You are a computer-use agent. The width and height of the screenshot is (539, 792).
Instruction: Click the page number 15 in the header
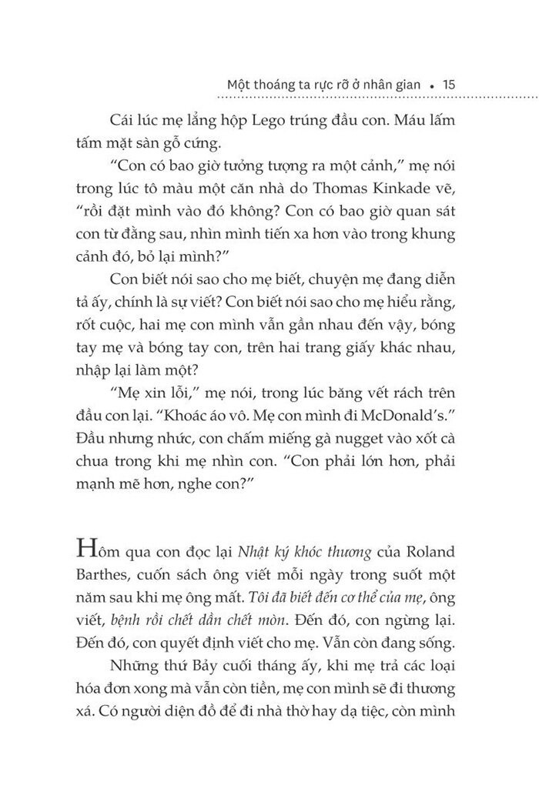click(x=450, y=84)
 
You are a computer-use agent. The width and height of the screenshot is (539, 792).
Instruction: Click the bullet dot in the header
click(x=434, y=85)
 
